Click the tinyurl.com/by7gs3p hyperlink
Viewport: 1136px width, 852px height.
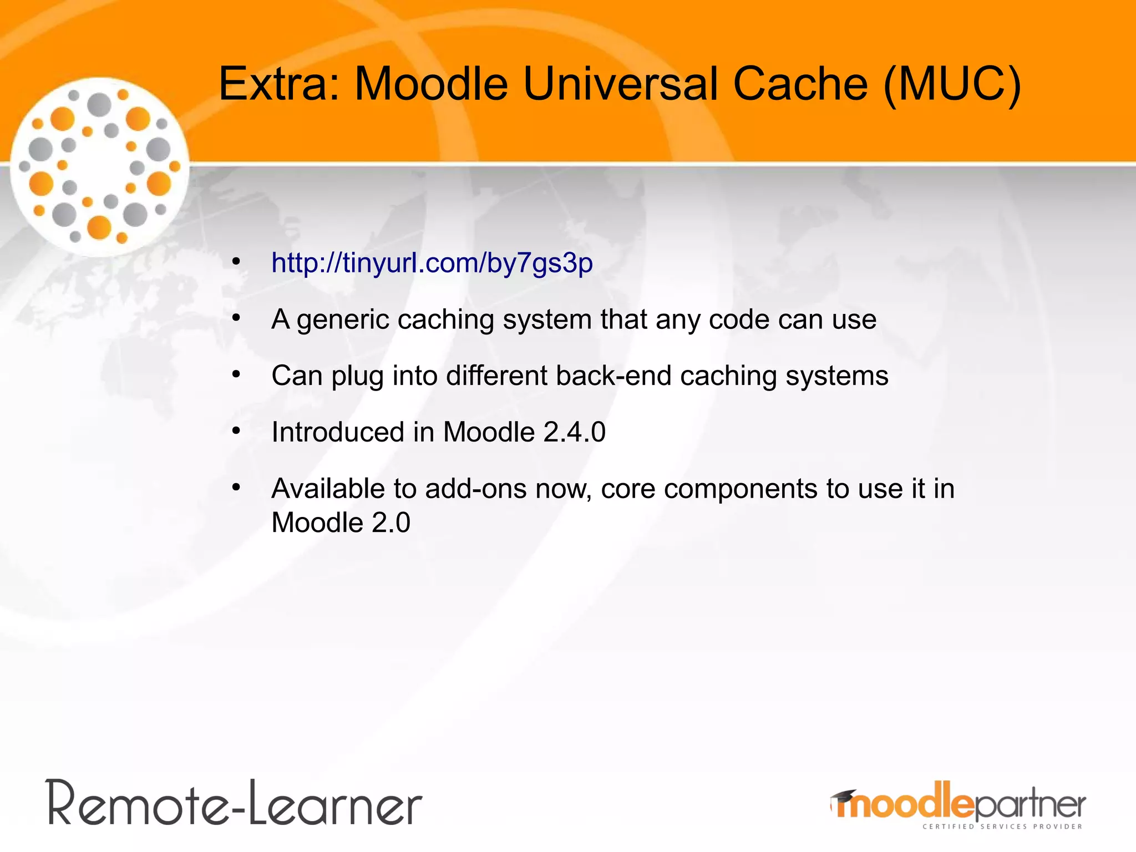[432, 263]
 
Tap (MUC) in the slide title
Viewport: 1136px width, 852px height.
[952, 84]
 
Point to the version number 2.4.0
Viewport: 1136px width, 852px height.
[575, 432]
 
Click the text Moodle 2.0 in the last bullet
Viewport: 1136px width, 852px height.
[341, 523]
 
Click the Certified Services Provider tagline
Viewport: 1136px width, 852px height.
[1002, 826]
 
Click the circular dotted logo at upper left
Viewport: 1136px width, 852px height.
[100, 166]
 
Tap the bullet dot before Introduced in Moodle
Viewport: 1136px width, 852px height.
[236, 431]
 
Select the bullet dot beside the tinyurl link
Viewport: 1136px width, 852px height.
[236, 261]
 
